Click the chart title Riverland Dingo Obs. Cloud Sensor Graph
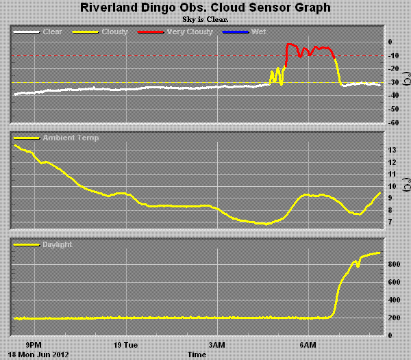[x=206, y=8]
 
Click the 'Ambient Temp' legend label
[x=70, y=138]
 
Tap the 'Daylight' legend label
[x=57, y=244]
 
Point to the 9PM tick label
[x=34, y=344]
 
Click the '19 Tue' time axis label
[x=125, y=344]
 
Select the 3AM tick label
[x=217, y=344]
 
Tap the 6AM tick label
[x=308, y=344]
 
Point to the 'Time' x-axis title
[x=197, y=355]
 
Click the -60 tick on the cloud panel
[x=393, y=123]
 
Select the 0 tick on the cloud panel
[x=390, y=42]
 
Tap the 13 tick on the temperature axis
[x=393, y=150]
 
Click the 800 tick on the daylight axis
[x=395, y=264]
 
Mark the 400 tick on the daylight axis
[x=395, y=300]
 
